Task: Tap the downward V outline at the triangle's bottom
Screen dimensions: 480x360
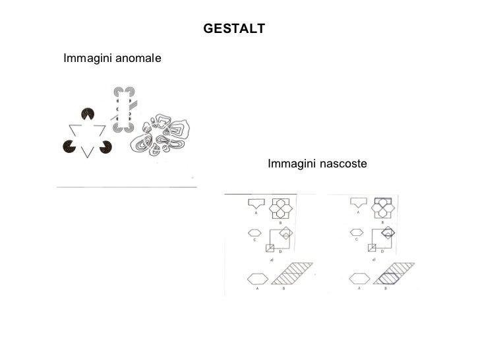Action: pos(86,151)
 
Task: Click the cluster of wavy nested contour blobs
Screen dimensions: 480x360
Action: pos(162,135)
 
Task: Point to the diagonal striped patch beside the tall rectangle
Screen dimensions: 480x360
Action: pos(134,104)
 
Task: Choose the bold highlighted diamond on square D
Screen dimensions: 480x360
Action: pos(388,232)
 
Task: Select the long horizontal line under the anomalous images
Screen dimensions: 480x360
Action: pos(127,187)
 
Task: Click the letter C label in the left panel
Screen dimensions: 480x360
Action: pos(254,240)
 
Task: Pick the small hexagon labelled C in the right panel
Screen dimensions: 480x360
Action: pos(357,232)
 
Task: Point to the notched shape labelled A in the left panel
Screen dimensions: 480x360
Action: pos(255,202)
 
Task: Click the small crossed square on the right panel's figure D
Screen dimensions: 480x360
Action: pos(373,248)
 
